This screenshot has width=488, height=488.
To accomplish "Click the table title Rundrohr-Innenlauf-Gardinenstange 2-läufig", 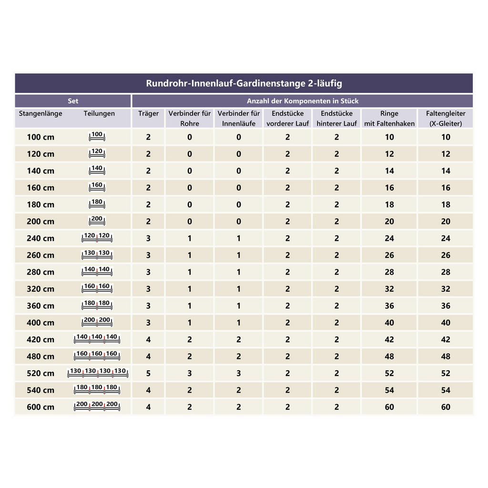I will point(244,83).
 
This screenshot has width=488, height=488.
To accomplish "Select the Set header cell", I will point(73,101).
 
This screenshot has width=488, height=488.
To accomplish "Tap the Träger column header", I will point(148,114).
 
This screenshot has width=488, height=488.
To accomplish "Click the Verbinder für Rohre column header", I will point(190,118).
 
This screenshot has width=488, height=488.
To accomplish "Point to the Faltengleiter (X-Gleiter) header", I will point(446,118).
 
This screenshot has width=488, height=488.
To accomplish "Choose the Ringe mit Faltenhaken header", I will point(389,118).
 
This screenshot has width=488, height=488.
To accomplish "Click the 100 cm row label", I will point(41,137).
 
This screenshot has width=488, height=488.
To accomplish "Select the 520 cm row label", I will point(41,373).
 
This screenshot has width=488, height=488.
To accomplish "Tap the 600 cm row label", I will point(41,407).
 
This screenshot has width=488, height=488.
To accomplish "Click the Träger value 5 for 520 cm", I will point(148,373).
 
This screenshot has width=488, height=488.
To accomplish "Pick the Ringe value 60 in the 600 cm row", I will point(389,407).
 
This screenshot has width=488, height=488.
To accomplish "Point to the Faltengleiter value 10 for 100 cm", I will point(446,137).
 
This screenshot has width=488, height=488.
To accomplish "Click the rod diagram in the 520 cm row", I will point(98,373).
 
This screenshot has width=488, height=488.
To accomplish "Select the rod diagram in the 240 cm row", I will point(97,238).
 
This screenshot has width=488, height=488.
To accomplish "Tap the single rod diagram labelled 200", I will point(97,221).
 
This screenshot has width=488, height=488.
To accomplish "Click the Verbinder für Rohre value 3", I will point(190,373).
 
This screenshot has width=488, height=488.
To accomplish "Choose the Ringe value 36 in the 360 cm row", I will point(389,306).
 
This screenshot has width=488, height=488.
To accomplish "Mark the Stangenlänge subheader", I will point(41,114).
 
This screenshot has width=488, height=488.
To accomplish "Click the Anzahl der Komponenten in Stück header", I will point(303,101).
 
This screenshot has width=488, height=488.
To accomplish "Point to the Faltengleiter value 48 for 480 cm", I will point(446,356).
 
